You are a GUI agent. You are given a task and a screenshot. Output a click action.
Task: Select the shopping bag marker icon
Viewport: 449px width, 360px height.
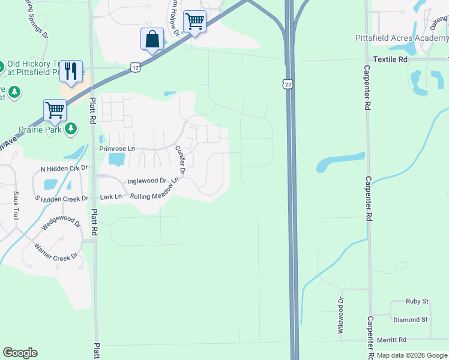pyautogui.click(x=152, y=40)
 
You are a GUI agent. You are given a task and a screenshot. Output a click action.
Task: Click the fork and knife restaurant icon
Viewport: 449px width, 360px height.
pyautogui.click(x=71, y=71)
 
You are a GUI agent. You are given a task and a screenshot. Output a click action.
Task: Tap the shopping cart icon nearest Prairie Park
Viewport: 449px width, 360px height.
pyautogui.click(x=55, y=110)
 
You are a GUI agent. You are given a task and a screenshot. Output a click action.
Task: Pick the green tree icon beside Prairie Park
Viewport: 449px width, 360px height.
pyautogui.click(x=71, y=128)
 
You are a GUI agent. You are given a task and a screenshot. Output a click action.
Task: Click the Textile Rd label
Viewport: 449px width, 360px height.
pyautogui.click(x=390, y=60)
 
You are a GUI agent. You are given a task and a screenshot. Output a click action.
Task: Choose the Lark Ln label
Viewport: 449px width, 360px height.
pyautogui.click(x=111, y=196)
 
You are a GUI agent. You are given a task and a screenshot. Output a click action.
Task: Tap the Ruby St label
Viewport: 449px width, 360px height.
pyautogui.click(x=417, y=301)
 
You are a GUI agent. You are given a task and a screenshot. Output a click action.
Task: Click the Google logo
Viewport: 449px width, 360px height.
pyautogui.click(x=20, y=353)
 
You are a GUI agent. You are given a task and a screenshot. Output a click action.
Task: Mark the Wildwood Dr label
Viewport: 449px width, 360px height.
pyautogui.click(x=340, y=316)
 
